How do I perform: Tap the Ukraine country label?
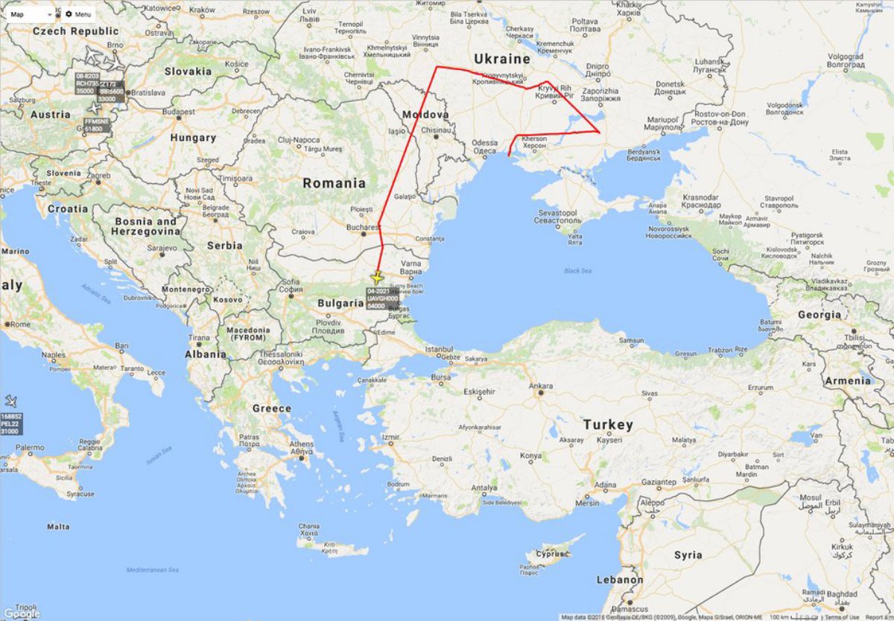502,59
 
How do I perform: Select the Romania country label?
333,183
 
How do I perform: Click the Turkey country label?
607,424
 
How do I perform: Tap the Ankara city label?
540,386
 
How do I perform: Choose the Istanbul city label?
438,348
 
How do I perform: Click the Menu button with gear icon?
78,14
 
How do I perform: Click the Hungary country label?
192,138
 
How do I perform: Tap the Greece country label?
271,408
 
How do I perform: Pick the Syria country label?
688,555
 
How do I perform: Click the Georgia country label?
819,315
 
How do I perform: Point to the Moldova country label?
425,115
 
